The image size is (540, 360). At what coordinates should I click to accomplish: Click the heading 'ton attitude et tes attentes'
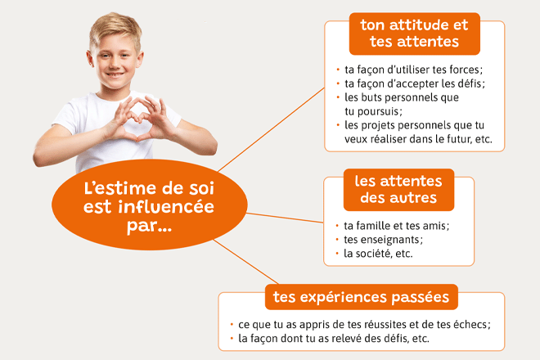(414, 34)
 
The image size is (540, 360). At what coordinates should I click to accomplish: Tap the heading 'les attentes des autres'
(398, 190)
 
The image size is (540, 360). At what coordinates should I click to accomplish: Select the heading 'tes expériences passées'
(362, 297)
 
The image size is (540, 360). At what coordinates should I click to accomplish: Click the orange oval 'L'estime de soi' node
(150, 205)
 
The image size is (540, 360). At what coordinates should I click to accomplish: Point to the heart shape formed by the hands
(138, 118)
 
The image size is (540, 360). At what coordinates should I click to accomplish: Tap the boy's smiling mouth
(115, 74)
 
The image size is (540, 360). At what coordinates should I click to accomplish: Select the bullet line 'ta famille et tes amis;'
(396, 226)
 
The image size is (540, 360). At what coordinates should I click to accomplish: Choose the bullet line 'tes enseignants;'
(383, 240)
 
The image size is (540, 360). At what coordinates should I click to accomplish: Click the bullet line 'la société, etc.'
(378, 254)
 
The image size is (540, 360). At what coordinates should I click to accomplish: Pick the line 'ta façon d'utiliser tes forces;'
(414, 70)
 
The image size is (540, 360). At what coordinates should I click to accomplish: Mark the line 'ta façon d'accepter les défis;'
(415, 83)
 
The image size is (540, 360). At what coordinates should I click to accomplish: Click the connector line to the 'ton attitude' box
(272, 129)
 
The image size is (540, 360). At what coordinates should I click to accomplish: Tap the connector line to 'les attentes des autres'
(286, 218)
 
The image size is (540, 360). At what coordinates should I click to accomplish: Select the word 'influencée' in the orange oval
(166, 207)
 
